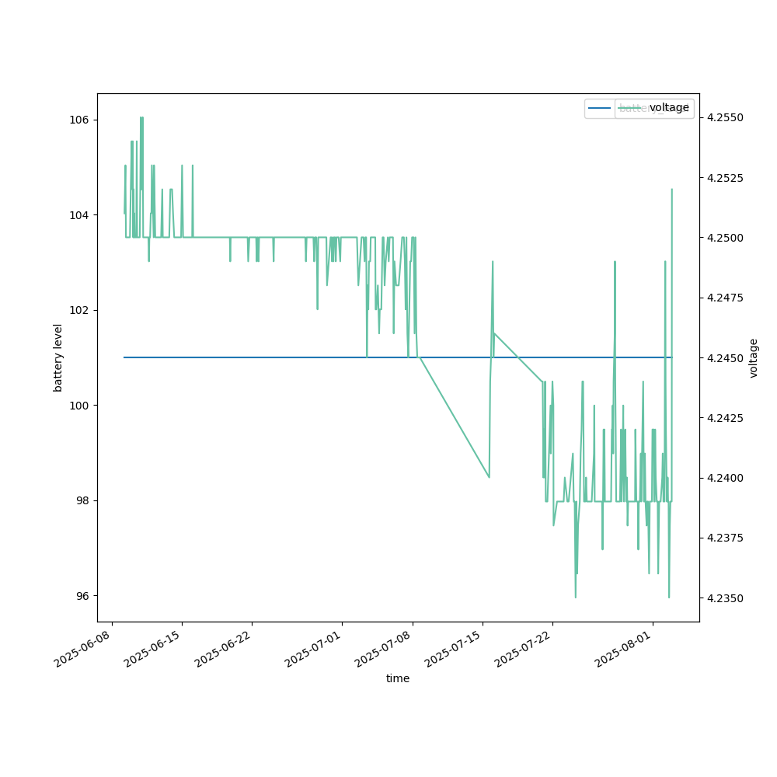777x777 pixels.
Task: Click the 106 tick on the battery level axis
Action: (x=82, y=120)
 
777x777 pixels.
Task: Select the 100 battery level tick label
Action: (x=82, y=405)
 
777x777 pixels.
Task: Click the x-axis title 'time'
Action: (x=398, y=678)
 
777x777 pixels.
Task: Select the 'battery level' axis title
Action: (x=58, y=357)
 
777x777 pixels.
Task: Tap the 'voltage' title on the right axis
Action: (x=754, y=357)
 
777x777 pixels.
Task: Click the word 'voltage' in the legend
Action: (x=669, y=108)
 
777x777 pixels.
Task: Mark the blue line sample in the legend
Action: (x=600, y=108)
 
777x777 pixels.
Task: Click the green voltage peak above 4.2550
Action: (x=141, y=118)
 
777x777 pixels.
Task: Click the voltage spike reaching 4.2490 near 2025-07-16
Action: (x=493, y=262)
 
